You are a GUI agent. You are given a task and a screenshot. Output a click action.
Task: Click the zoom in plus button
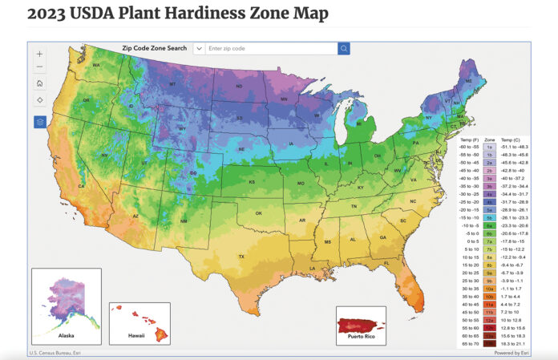pyautogui.click(x=40, y=54)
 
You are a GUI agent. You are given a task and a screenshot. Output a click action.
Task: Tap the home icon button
pyautogui.click(x=40, y=83)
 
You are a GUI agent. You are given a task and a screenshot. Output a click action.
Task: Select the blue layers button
pyautogui.click(x=40, y=122)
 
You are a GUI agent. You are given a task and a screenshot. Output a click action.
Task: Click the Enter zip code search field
pyautogui.click(x=270, y=49)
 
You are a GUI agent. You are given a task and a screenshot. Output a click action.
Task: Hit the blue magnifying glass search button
pyautogui.click(x=343, y=49)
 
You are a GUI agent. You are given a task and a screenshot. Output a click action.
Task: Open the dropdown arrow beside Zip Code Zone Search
pyautogui.click(x=198, y=49)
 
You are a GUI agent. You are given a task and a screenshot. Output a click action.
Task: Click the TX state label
pyautogui.click(x=241, y=256)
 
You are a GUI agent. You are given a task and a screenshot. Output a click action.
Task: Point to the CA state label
pyautogui.click(x=81, y=186)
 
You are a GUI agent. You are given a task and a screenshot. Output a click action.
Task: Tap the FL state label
pyautogui.click(x=386, y=263)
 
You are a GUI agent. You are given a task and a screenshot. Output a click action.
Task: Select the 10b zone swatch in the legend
pyautogui.click(x=489, y=297)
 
